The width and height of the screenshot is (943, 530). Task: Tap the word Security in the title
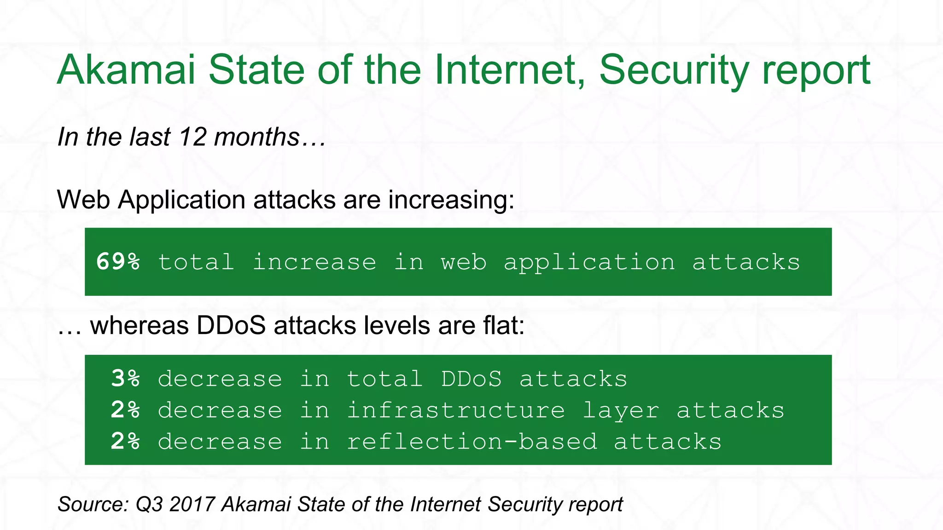click(674, 70)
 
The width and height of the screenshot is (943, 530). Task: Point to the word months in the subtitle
click(256, 137)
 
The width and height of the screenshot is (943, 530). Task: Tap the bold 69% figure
click(118, 262)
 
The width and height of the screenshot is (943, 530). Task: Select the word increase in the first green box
click(314, 262)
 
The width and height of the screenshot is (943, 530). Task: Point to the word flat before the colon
click(501, 326)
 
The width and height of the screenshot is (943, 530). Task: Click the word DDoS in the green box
click(471, 379)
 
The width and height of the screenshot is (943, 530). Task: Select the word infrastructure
click(455, 410)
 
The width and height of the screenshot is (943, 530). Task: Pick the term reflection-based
click(472, 441)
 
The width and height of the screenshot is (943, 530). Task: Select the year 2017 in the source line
click(192, 504)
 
